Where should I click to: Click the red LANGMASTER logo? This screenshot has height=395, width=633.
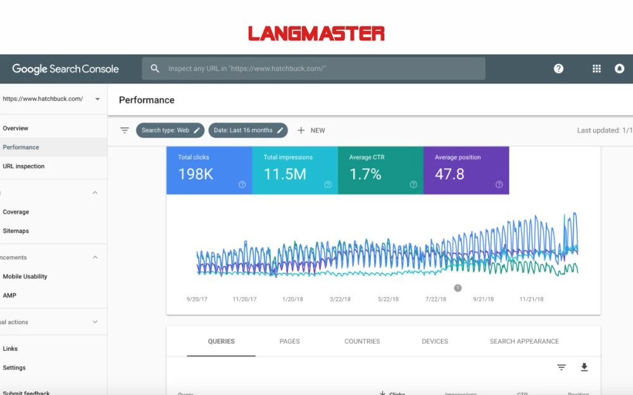(316, 33)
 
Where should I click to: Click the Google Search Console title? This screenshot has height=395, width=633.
(65, 69)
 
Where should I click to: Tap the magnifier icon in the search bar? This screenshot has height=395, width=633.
(154, 68)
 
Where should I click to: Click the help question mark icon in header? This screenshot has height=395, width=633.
(558, 69)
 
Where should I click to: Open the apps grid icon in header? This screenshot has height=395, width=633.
(596, 69)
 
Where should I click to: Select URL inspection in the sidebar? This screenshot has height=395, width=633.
(23, 166)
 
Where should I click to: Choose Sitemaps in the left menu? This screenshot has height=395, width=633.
(16, 231)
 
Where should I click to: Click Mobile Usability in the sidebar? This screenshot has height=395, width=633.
(25, 276)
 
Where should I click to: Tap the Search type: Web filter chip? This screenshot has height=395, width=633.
(170, 130)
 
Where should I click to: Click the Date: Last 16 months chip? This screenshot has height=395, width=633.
(248, 130)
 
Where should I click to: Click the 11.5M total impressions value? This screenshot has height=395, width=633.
(285, 174)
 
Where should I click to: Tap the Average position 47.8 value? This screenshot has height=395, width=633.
(449, 174)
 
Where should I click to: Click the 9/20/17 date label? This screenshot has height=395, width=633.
(196, 299)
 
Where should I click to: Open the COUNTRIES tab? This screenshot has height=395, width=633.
(362, 341)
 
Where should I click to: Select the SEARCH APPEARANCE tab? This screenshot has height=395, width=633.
(524, 341)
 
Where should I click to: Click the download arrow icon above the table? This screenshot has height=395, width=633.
(584, 367)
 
